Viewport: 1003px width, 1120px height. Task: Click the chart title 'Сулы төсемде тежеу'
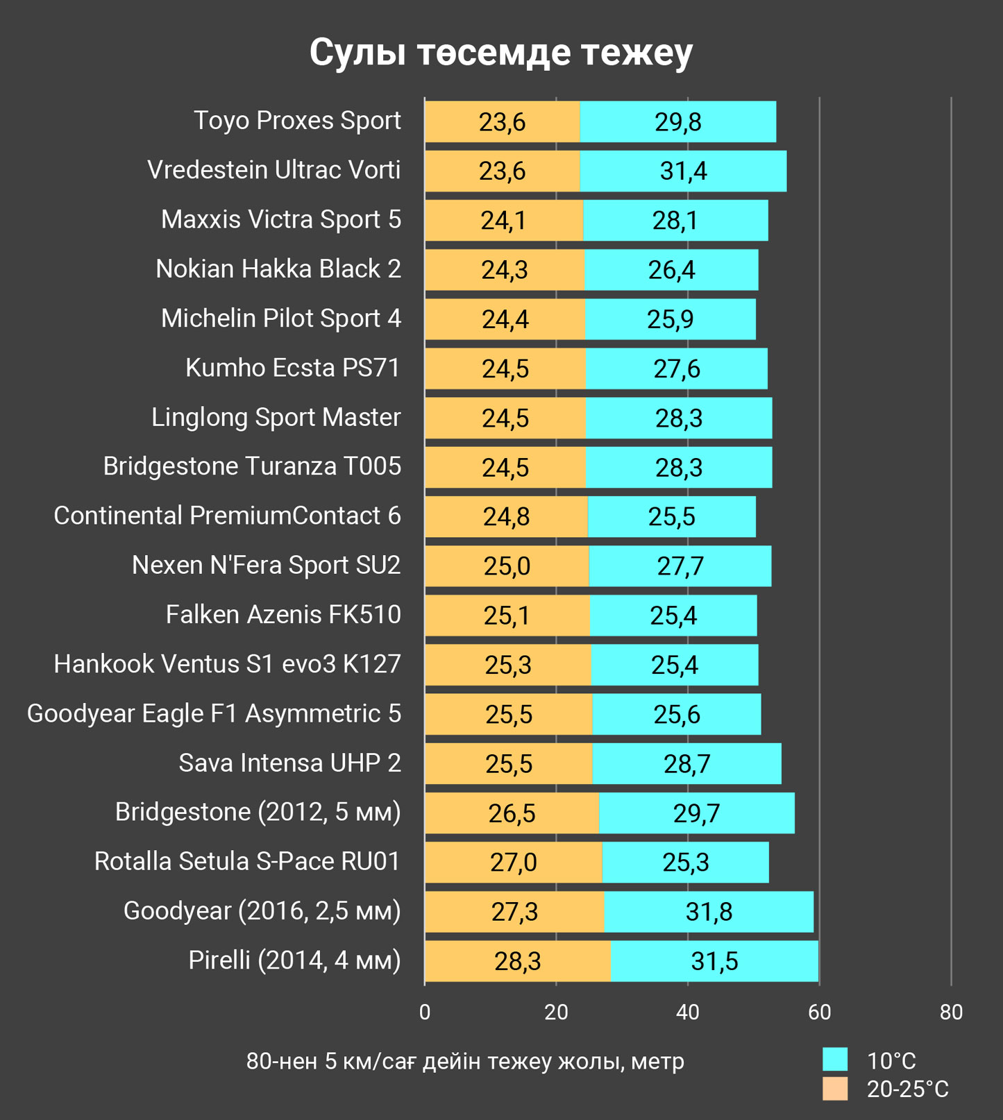pos(500,52)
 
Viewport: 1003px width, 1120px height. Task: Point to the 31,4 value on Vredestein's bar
pos(683,171)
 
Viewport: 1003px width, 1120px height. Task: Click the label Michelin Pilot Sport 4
pos(281,319)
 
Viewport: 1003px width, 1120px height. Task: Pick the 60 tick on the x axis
pos(819,1012)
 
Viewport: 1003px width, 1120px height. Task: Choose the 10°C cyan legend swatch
pos(835,1060)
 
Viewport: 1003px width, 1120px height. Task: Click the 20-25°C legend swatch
pos(835,1088)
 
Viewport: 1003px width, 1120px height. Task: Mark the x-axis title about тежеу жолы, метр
pos(465,1061)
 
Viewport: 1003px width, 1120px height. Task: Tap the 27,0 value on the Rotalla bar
pos(513,863)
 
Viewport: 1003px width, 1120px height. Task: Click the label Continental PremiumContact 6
pos(227,516)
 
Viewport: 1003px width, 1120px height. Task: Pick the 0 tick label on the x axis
pos(425,1012)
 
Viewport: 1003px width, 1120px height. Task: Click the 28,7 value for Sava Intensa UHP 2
pos(686,764)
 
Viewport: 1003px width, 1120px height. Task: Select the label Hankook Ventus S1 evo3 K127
pos(227,664)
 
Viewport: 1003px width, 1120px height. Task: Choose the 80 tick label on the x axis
pos(951,1012)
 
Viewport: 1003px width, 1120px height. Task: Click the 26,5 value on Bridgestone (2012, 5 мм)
pos(512,813)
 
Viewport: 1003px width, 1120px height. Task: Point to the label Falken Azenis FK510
pos(283,615)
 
